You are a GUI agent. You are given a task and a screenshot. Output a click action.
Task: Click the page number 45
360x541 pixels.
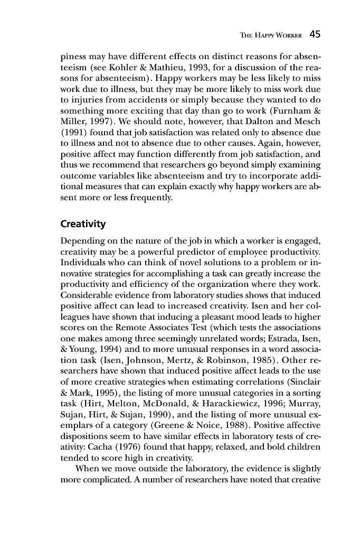click(315, 34)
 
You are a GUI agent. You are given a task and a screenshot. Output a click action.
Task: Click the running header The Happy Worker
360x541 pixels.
click(270, 35)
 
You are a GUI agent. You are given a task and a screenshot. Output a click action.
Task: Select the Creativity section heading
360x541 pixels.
click(83, 224)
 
